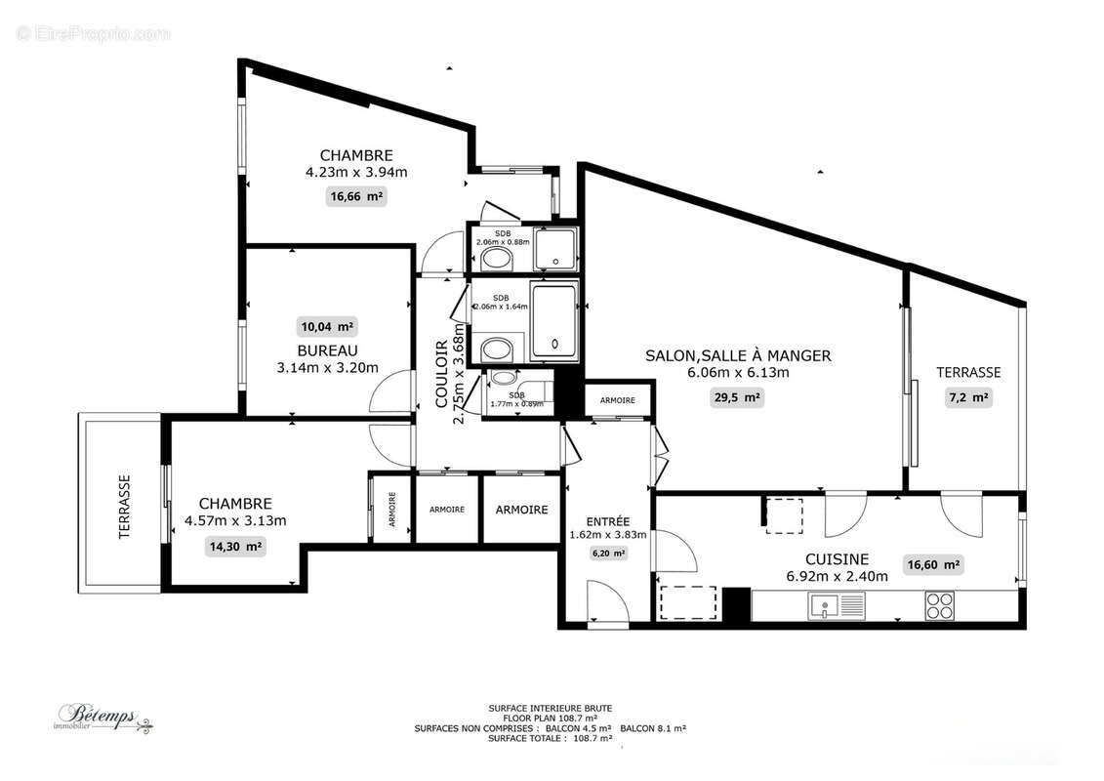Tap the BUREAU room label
[328, 350]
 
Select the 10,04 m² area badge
[327, 326]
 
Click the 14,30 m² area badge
[235, 547]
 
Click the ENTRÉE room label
[607, 520]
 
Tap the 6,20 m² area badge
[607, 553]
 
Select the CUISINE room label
[837, 559]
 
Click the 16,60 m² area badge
[933, 564]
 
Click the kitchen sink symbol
[836, 606]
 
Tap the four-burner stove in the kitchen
[939, 606]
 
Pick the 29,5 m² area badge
[738, 397]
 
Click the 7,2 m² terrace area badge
[968, 397]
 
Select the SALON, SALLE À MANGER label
[738, 355]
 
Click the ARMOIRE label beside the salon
[617, 400]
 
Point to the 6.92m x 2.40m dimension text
[837, 576]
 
